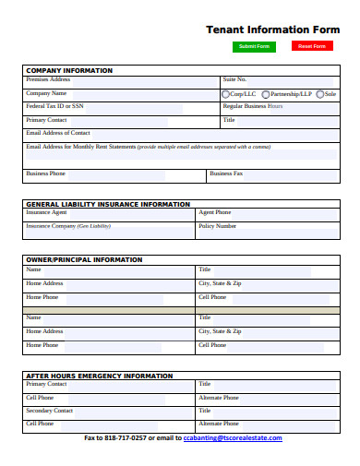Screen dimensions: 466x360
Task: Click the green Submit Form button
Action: (254, 46)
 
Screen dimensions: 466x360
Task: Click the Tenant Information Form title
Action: (272, 29)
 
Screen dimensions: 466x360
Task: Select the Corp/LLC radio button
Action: (226, 94)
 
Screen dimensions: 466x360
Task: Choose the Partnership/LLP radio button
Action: (267, 94)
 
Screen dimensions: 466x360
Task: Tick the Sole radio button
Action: (319, 94)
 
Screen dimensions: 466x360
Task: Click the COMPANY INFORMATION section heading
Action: (69, 70)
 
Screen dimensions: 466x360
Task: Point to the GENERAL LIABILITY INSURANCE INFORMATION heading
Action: (108, 204)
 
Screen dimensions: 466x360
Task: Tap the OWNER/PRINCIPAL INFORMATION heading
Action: (84, 259)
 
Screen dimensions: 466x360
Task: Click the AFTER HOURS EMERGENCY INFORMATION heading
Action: (99, 376)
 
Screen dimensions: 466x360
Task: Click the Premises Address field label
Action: (48, 80)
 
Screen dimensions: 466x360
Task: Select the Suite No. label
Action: (234, 80)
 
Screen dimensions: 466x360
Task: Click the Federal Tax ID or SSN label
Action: (54, 106)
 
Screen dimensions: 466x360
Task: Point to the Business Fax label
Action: (226, 173)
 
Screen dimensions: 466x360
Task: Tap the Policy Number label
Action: (217, 226)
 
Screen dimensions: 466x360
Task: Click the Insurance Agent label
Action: (46, 212)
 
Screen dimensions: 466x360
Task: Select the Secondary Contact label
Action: (50, 410)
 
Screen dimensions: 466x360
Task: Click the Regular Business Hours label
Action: (253, 106)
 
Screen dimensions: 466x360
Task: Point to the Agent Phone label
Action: (214, 212)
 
